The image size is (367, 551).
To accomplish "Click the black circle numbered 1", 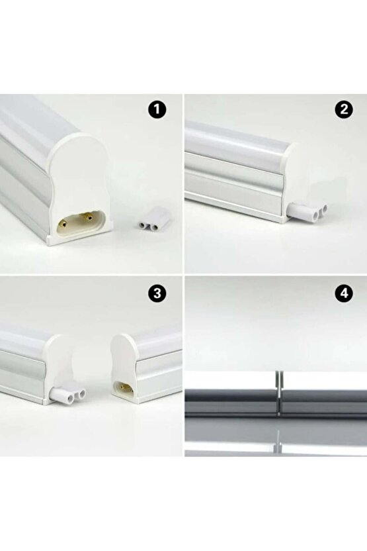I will [157, 110].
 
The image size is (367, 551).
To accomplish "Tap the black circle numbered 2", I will [342, 110].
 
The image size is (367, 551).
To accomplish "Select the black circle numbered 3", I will [157, 293].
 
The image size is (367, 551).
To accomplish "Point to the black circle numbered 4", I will [342, 293].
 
